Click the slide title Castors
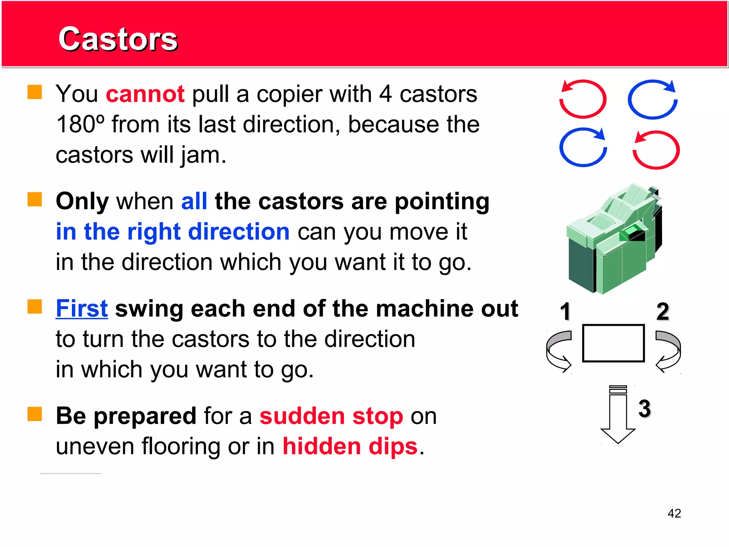[118, 39]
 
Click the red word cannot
[145, 94]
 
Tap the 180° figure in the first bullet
[80, 124]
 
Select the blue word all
[194, 201]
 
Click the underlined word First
[82, 308]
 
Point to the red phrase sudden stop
[331, 416]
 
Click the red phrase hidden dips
[350, 447]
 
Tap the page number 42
[674, 513]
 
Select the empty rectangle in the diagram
[613, 343]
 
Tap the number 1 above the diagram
[565, 311]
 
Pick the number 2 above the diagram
[662, 311]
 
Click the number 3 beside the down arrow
[644, 408]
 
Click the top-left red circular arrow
[583, 99]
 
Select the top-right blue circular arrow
[652, 99]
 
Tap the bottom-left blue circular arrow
[583, 147]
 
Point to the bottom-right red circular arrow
[656, 150]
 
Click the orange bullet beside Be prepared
[35, 414]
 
